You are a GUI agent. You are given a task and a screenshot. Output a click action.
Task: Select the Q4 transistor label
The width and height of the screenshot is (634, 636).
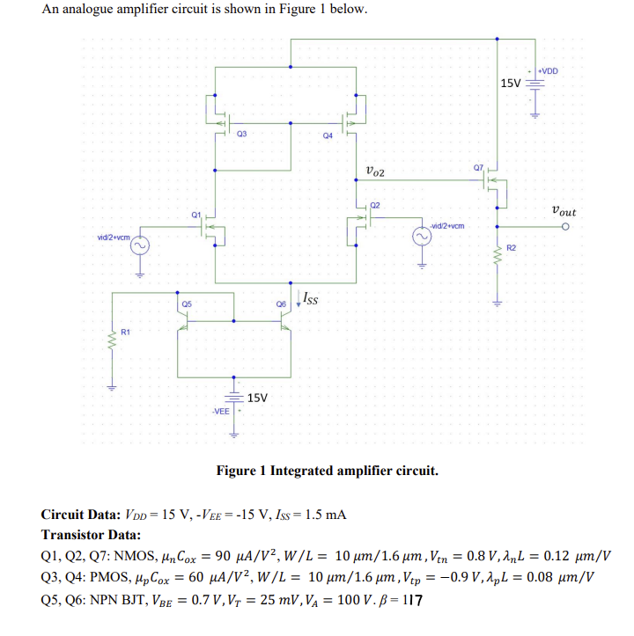[328, 135]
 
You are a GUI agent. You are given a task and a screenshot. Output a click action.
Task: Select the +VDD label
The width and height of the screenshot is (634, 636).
[547, 71]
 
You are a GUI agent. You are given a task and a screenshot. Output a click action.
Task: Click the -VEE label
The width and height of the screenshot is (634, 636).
[220, 410]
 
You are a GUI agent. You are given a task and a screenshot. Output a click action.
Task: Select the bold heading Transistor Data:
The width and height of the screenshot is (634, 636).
[91, 535]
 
